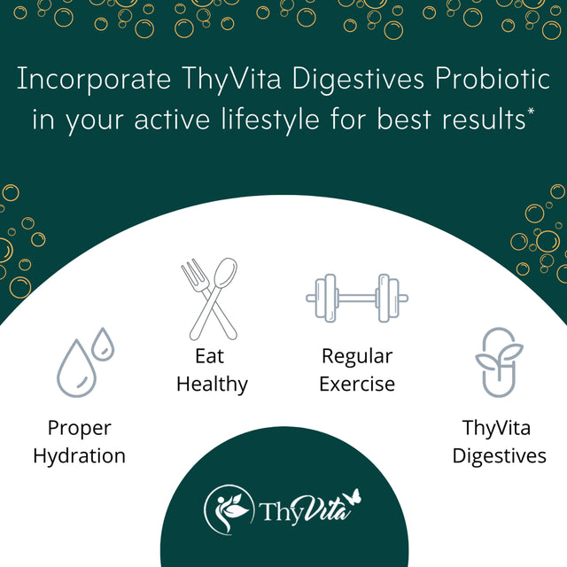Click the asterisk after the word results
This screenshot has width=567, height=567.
coord(530,111)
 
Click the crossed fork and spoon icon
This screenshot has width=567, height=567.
coord(210,297)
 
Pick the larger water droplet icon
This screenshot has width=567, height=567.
coord(77,367)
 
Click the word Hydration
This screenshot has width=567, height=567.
coord(79,456)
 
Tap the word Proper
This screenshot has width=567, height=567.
coord(79,429)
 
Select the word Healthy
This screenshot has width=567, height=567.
coord(212,384)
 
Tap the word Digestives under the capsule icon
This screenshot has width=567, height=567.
coord(499,456)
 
